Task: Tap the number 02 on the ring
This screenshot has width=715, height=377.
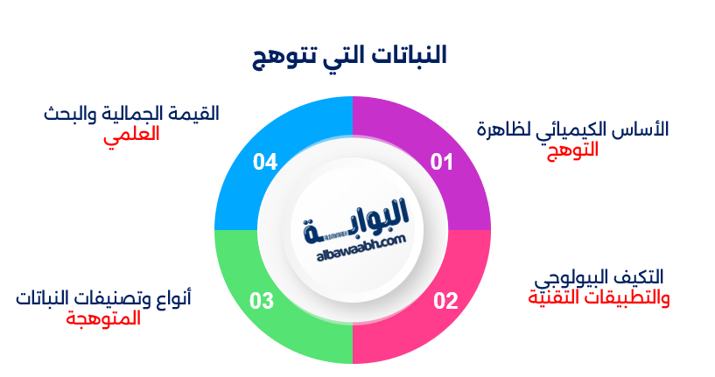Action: point(445,301)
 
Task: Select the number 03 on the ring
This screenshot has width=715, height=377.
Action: point(262,301)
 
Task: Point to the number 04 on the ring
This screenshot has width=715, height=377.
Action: point(265,162)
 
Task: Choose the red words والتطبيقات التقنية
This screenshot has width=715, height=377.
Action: point(599,297)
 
